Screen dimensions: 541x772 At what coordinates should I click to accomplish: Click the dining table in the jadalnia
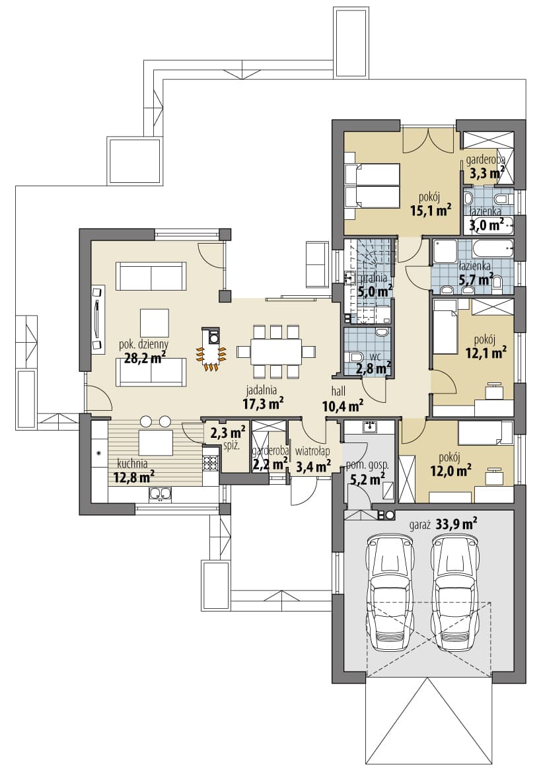[x=275, y=351]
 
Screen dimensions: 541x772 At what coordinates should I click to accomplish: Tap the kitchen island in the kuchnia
[x=156, y=442]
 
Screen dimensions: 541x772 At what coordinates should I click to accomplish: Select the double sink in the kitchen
[x=160, y=494]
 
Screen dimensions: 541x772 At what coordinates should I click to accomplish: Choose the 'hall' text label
[x=338, y=392]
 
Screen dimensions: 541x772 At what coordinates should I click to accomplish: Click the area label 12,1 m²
[x=486, y=353]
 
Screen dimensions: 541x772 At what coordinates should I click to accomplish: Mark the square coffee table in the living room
[x=154, y=324]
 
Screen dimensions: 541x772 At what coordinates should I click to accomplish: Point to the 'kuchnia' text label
[x=132, y=463]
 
